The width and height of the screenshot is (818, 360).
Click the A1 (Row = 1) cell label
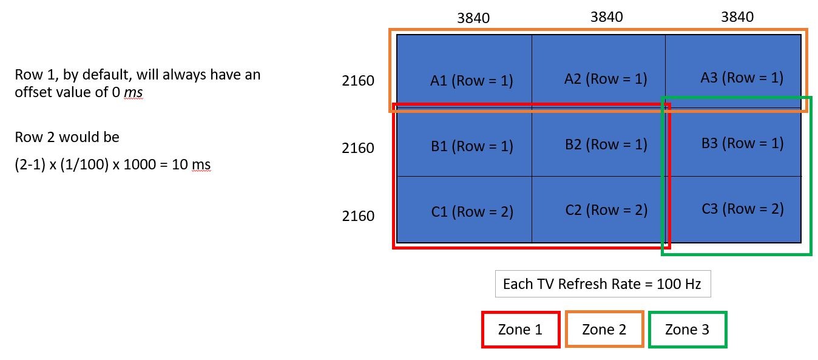[x=472, y=80]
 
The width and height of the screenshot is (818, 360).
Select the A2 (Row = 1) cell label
[x=606, y=78]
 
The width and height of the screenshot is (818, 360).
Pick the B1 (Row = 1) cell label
[x=472, y=146]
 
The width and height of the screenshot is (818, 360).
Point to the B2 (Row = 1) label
[x=606, y=144]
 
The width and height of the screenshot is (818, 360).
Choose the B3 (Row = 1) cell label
[x=742, y=143]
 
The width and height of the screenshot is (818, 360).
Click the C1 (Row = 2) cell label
[x=472, y=211]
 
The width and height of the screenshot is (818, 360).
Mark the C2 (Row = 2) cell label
[x=606, y=209]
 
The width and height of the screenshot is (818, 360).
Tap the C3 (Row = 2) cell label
[x=743, y=208]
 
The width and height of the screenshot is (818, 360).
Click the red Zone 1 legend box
[x=520, y=330]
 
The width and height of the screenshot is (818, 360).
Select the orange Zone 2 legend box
[x=604, y=330]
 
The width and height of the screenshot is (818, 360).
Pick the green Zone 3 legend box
[x=687, y=330]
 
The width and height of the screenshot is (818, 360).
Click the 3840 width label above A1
[x=473, y=18]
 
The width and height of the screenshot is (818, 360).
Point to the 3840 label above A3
[x=737, y=16]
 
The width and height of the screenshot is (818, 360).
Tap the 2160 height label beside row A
[x=358, y=81]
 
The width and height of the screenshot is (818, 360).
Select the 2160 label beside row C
[x=358, y=216]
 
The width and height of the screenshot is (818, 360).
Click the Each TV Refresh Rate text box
[x=603, y=284]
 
